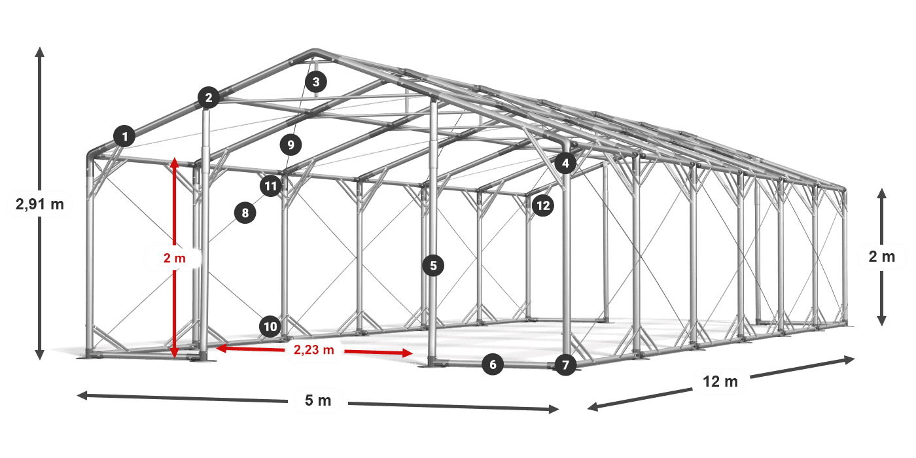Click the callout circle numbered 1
click(x=125, y=136)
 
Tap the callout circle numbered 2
click(x=209, y=97)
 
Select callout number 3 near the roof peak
click(x=315, y=82)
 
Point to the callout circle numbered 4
click(x=565, y=163)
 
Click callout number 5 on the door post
click(x=433, y=266)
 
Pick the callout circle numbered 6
click(x=493, y=364)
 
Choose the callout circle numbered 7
click(x=565, y=365)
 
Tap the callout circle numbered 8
click(x=245, y=213)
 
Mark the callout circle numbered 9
click(x=291, y=145)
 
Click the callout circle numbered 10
click(x=270, y=326)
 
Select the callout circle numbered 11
click(x=271, y=186)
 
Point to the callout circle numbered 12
click(x=543, y=205)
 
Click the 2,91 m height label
click(x=40, y=203)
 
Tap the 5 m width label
click(x=318, y=400)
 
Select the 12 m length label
click(x=720, y=381)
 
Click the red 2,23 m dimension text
click(x=314, y=349)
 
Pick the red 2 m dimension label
click(x=175, y=258)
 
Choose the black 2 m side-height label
click(x=882, y=256)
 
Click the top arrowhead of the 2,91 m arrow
click(x=40, y=52)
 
